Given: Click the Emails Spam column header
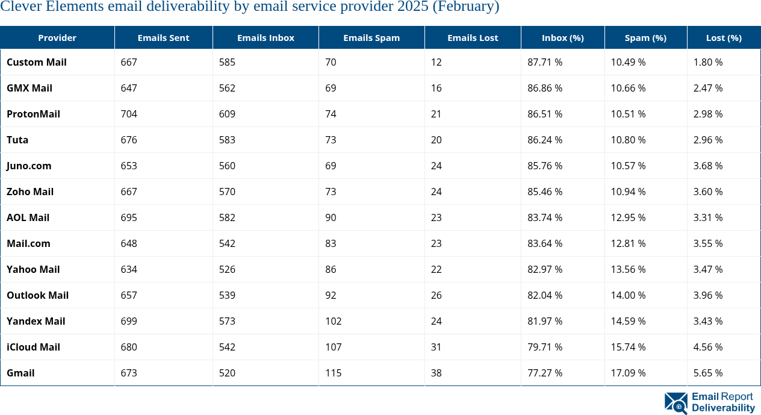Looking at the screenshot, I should click(x=371, y=37).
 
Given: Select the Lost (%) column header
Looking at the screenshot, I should click(x=724, y=37).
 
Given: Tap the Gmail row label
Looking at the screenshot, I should click(x=20, y=373).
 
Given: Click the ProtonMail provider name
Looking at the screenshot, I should click(x=33, y=114).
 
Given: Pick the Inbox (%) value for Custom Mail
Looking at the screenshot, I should click(x=545, y=62).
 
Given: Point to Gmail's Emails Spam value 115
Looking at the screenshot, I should click(x=334, y=373).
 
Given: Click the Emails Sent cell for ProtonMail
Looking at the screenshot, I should click(x=129, y=114).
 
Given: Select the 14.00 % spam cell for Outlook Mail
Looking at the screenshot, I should click(x=628, y=295).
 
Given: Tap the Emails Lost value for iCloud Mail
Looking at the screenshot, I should click(x=436, y=347).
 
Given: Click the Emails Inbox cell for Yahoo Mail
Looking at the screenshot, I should click(x=227, y=269).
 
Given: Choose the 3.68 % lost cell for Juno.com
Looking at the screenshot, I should click(x=708, y=166).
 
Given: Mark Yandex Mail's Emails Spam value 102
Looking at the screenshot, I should click(x=334, y=321).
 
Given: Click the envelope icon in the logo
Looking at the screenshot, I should click(x=676, y=403).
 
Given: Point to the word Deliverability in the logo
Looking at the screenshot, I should click(x=723, y=408).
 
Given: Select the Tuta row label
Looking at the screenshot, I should click(x=17, y=140).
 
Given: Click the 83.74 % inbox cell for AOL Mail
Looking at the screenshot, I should click(x=545, y=217).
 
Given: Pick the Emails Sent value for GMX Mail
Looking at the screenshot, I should click(x=129, y=88).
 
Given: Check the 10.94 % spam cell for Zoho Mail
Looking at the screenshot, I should click(x=628, y=192).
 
